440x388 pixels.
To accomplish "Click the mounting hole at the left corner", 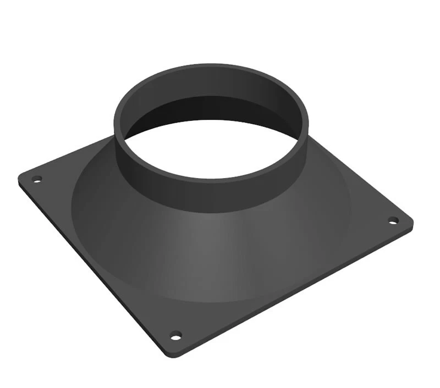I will (x=37, y=179).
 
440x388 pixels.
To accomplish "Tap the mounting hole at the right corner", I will (x=393, y=220).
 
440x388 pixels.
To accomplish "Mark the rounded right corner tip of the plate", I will (x=411, y=221).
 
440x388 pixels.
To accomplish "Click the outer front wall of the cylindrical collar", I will (x=215, y=195).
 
